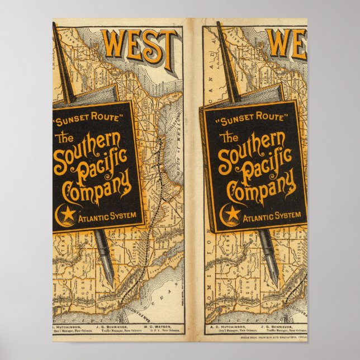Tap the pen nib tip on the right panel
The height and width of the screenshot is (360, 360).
click(x=273, y=280)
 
